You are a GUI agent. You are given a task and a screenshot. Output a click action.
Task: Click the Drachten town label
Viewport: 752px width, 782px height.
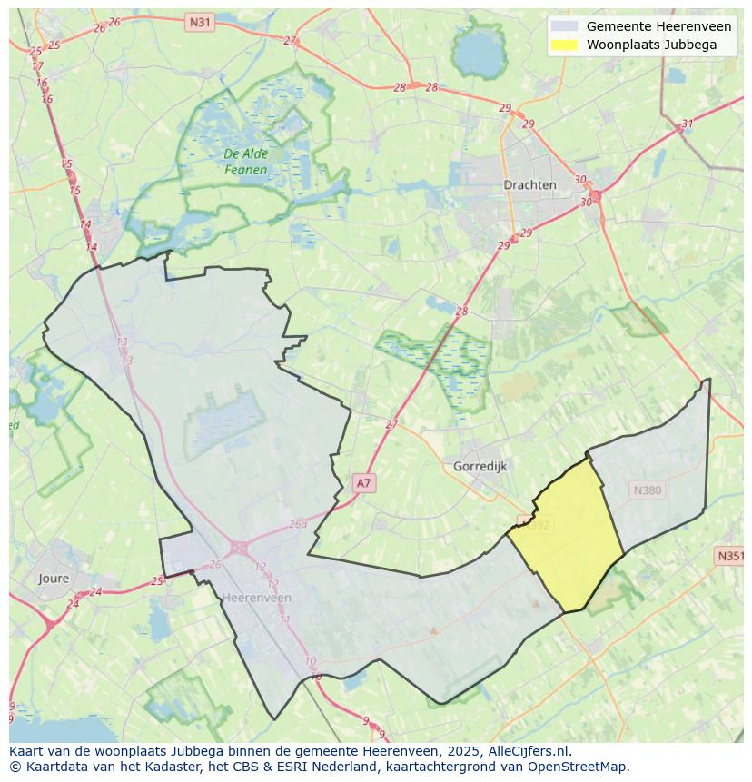point(529,184)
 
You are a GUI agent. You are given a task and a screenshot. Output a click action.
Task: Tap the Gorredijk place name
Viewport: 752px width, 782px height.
point(479,466)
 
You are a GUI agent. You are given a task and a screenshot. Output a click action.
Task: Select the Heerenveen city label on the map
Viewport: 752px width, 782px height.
point(257,598)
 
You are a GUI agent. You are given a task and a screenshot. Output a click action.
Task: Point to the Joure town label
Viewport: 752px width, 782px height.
point(54,578)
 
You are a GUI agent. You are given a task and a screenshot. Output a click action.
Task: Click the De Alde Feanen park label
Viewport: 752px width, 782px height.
point(245,162)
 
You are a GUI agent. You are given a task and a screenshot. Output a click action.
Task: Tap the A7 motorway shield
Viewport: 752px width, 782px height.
point(363,483)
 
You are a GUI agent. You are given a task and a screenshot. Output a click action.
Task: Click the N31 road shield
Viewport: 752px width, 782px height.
point(199,21)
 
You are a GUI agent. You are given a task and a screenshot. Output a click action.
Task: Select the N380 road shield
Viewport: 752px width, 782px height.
point(648,490)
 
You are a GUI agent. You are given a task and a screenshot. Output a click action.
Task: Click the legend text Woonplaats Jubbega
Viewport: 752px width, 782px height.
point(651,45)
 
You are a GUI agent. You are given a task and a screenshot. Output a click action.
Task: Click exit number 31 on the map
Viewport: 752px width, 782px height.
point(688,124)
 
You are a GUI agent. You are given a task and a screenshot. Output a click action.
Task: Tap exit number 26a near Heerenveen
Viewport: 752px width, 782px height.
point(298,524)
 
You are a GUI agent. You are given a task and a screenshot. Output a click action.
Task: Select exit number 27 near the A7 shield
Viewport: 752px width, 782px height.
point(391,424)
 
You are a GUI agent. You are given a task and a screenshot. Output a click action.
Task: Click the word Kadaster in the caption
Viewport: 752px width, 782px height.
point(162,767)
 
